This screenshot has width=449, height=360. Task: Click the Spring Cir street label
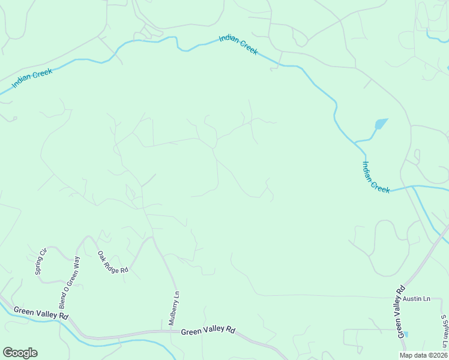point(41,259)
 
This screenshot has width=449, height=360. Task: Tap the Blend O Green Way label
point(68,283)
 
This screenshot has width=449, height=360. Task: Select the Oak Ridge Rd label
point(113,262)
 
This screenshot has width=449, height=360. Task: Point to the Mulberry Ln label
point(174,308)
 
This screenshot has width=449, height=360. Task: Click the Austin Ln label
point(417,299)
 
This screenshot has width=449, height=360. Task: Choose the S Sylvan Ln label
point(444,332)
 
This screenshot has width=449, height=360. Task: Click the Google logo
point(20,353)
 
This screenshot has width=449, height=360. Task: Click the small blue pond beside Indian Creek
point(380,125)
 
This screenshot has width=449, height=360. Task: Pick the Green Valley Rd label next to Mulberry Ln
point(208,331)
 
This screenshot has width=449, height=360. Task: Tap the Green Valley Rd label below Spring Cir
point(41,314)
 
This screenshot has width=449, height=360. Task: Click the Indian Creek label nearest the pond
point(376,177)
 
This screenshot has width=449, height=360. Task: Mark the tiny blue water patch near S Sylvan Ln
point(405,334)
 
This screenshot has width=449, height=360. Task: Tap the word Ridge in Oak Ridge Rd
point(112,262)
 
